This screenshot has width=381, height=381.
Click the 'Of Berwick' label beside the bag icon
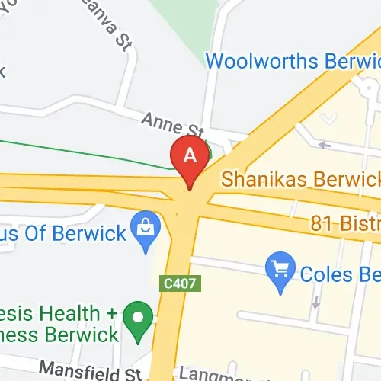click(84, 232)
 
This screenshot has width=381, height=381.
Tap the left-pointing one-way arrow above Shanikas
click(326, 144)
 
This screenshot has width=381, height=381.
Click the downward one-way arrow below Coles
click(313, 303)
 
